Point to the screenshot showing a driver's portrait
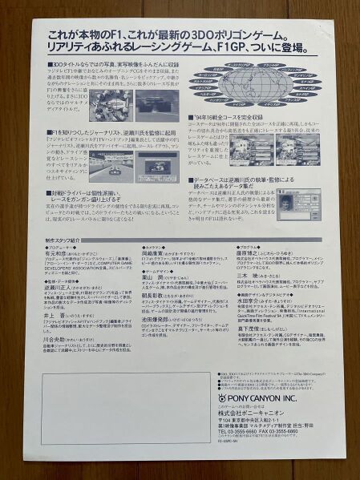tap(305, 204)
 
